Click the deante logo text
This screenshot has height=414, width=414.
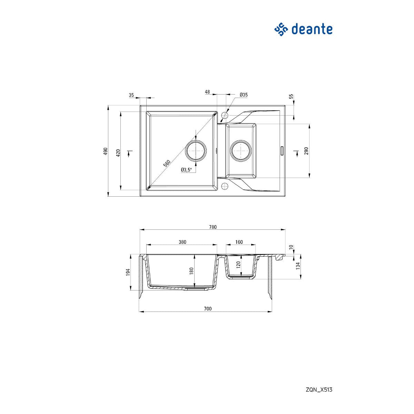coord(312,29)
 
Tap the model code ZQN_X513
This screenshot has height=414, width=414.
coord(319,390)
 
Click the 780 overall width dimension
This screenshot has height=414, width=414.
coord(213,227)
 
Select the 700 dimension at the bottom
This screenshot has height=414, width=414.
coord(207,309)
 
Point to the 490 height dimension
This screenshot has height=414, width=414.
coord(106,151)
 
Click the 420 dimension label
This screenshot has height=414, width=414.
coord(118,153)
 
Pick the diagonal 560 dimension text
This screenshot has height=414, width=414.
coord(167,163)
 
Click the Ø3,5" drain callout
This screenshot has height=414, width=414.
coord(186,169)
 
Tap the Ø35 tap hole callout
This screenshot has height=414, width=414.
coord(244,95)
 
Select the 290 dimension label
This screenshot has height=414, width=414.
coord(306,151)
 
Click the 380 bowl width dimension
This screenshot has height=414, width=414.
coord(182,242)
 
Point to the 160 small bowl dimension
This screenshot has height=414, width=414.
coord(239,242)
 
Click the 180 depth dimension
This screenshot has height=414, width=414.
coord(191,271)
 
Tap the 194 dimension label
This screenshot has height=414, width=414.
coord(128,272)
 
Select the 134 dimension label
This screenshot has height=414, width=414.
coord(298,266)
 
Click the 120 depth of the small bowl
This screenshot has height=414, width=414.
coord(238,265)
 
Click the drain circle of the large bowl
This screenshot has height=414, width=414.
coord(196,151)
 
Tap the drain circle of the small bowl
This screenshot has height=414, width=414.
coord(240,151)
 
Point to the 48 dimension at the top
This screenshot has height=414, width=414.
coord(207,92)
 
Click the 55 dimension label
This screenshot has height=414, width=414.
coord(291,97)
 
